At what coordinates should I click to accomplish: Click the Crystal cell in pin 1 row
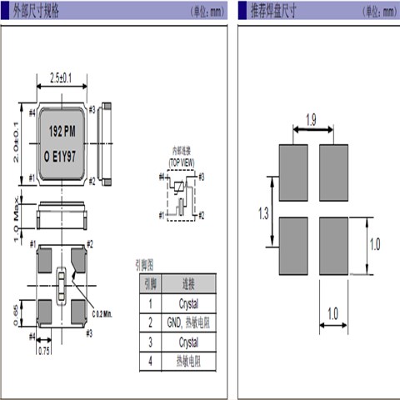click(x=188, y=302)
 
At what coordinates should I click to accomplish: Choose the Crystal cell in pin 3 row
click(x=188, y=342)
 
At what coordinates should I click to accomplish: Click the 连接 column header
click(x=188, y=283)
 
